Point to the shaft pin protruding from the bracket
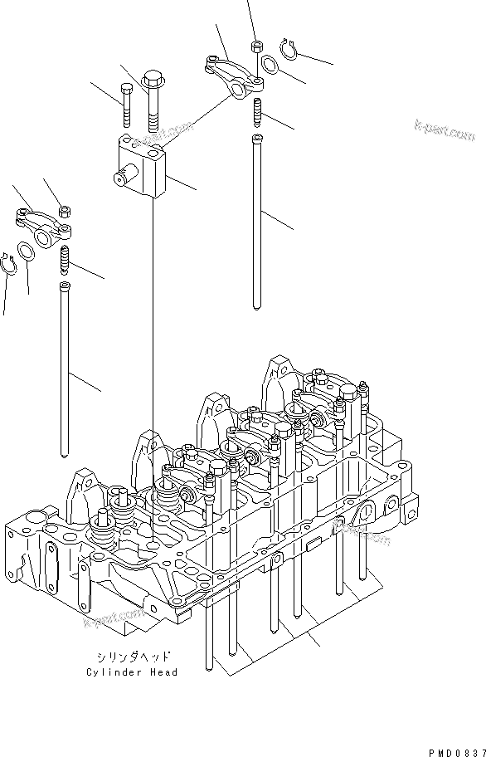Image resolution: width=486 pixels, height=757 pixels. pos(122,178)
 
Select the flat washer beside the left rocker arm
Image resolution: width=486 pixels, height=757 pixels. pos(26,252)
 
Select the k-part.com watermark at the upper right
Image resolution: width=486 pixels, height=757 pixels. pos(445,128)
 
